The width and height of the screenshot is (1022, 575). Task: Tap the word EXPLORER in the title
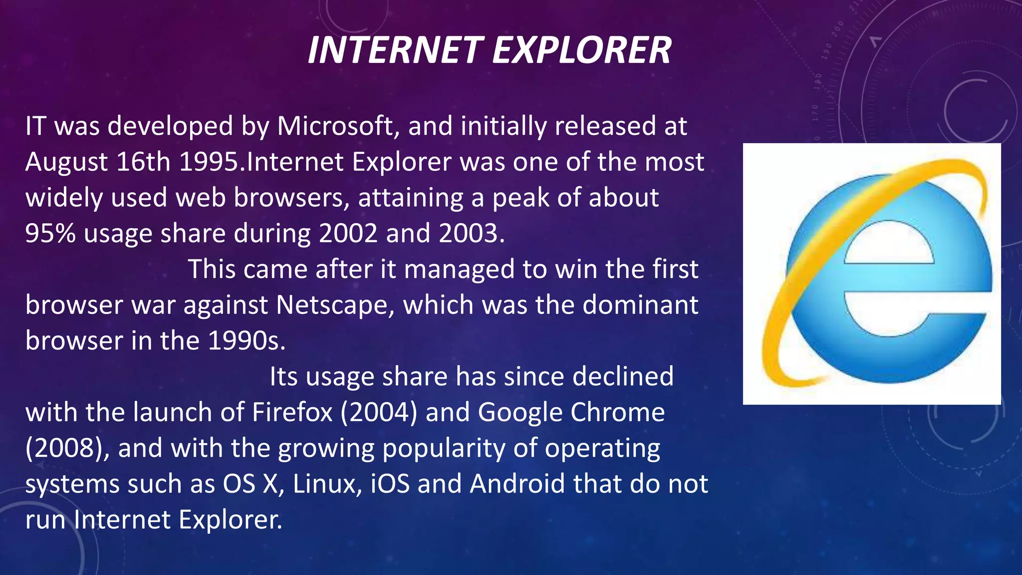[582, 50]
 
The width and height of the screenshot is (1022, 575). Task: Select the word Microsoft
[335, 126]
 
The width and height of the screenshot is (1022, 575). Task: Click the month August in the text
[66, 162]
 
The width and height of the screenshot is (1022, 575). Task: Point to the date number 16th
[143, 162]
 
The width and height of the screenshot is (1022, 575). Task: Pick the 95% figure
[50, 233]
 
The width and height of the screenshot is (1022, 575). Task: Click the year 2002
[348, 233]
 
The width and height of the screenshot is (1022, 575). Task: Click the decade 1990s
[246, 341]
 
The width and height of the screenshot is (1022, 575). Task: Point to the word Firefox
[292, 413]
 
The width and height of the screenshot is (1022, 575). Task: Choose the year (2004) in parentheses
[378, 413]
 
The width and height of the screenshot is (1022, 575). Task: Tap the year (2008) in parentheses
[67, 448]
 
